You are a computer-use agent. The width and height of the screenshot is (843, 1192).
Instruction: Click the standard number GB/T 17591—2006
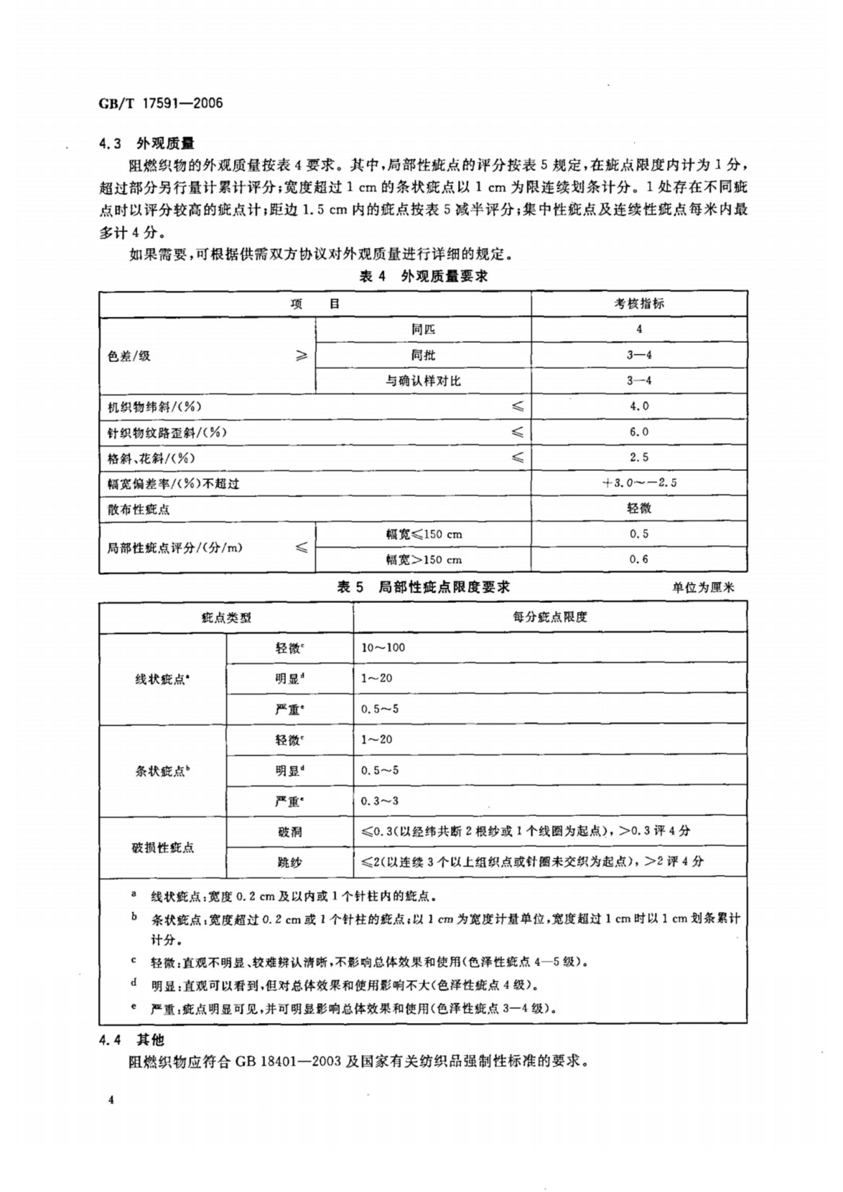[161, 103]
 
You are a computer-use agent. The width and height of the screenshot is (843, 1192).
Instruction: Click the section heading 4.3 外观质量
[146, 144]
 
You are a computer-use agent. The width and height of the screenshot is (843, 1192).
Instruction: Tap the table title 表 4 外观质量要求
[423, 276]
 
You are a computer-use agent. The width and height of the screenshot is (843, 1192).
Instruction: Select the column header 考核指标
[639, 304]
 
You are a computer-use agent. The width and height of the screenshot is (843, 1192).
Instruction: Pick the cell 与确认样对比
[423, 381]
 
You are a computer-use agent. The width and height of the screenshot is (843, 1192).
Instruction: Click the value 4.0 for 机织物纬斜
[639, 406]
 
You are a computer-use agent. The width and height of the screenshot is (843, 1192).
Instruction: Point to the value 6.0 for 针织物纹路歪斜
[639, 432]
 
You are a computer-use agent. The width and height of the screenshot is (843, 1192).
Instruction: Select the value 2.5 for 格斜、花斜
[639, 458]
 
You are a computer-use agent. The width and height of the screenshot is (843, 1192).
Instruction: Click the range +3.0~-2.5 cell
[639, 483]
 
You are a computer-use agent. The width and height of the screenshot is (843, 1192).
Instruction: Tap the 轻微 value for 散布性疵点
[639, 508]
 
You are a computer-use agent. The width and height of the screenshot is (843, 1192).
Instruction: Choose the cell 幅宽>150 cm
[424, 560]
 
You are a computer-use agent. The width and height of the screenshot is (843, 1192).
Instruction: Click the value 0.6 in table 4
[639, 559]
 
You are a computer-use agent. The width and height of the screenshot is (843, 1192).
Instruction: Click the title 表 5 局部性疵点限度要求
[423, 587]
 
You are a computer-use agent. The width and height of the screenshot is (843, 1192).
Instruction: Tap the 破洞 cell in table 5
[289, 831]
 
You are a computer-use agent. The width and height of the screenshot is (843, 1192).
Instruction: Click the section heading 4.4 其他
[131, 1039]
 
